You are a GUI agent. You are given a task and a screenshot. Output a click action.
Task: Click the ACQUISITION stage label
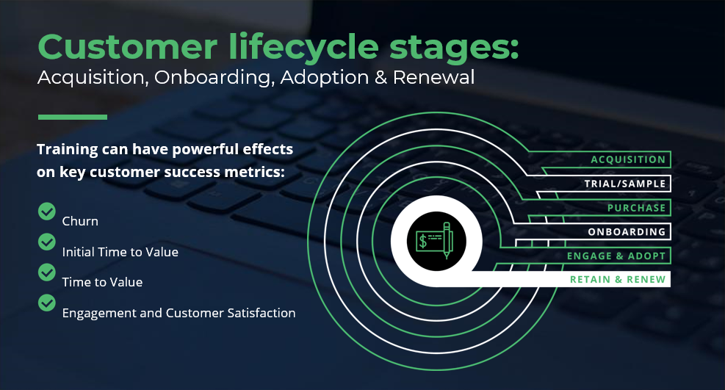628,159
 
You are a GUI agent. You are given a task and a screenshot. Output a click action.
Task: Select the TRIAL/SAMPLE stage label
624,184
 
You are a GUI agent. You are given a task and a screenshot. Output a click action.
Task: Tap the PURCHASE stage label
636,208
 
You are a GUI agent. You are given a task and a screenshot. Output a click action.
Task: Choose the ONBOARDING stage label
627,232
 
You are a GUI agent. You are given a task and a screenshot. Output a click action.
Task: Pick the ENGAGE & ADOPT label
616,256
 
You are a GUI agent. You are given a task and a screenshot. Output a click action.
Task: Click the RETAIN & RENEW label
618,279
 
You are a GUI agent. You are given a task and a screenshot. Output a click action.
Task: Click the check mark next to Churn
47,212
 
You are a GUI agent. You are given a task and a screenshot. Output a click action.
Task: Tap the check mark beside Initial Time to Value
47,242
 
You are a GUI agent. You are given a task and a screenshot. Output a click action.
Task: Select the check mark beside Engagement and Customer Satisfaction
47,302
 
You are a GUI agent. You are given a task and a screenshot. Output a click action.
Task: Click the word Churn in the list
80,221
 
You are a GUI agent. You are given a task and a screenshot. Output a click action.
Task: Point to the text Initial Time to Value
120,252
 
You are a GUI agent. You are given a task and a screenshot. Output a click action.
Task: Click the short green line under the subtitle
72,117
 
